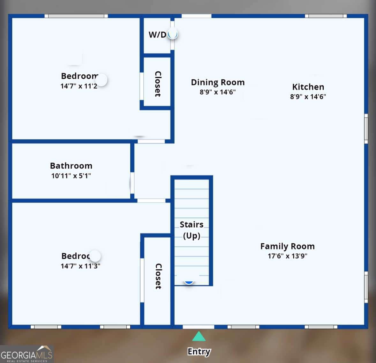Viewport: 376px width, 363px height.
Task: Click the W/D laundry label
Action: click(157, 35)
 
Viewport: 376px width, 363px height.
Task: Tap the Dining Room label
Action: click(218, 83)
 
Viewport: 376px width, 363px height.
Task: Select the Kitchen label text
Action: click(308, 87)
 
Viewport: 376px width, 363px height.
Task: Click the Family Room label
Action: click(287, 246)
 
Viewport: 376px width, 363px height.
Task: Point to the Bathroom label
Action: click(71, 166)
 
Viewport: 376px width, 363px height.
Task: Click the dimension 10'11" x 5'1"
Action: click(71, 176)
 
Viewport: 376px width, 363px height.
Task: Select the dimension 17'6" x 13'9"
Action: click(287, 256)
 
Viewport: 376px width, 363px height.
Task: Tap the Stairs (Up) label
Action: click(192, 230)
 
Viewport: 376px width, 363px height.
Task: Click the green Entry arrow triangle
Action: click(199, 337)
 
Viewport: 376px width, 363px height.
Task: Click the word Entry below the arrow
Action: click(199, 351)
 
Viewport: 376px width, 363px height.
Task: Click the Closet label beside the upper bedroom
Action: click(158, 84)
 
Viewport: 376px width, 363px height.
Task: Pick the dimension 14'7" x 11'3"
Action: click(80, 266)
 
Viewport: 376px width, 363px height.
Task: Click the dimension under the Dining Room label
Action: click(218, 92)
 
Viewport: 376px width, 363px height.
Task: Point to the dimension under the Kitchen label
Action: click(308, 97)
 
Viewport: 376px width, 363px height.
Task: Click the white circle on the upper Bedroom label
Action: click(102, 80)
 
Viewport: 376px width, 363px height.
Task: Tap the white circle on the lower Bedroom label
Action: click(95, 256)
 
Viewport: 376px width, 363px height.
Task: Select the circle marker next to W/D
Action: click(173, 34)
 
